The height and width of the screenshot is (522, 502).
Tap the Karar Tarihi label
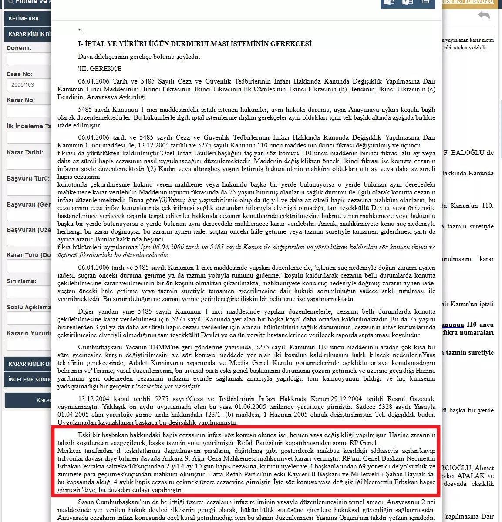[x=25, y=153]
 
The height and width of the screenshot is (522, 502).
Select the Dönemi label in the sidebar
[x=19, y=48]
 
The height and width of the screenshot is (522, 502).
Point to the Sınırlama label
[x=21, y=281]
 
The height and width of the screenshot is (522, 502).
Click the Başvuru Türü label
[x=28, y=178]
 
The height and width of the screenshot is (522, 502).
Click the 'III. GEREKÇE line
[x=100, y=69]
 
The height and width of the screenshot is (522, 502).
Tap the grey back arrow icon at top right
[x=484, y=16]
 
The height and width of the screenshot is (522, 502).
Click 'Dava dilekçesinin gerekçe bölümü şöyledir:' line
[x=139, y=57]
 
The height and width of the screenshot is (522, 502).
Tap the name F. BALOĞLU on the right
[x=468, y=153]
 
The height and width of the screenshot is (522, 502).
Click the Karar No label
[x=20, y=100]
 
